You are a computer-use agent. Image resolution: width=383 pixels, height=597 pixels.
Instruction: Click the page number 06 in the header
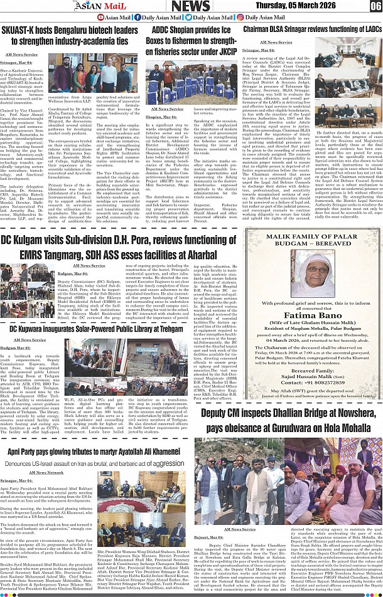(374, 6)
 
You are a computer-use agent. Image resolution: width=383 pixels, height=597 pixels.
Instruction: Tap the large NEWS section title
(191, 6)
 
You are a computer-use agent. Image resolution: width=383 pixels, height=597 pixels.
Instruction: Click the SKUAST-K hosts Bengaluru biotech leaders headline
(70, 36)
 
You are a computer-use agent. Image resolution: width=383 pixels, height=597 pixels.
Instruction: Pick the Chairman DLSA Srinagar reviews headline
(312, 29)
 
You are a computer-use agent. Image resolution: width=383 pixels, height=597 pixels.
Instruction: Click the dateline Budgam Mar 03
(16, 347)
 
